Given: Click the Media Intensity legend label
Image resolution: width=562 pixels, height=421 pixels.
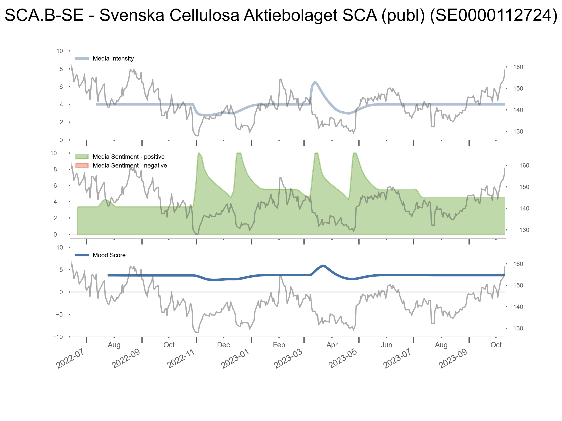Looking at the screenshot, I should pyautogui.click(x=113, y=59).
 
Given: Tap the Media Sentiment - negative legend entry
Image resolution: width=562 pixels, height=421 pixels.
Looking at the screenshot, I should pyautogui.click(x=130, y=166).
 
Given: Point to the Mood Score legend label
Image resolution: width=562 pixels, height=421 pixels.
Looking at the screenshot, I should pyautogui.click(x=109, y=255).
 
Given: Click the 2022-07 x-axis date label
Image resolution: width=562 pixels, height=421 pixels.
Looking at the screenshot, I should pyautogui.click(x=70, y=358).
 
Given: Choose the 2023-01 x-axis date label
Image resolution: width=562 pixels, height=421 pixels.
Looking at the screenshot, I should pyautogui.click(x=235, y=358).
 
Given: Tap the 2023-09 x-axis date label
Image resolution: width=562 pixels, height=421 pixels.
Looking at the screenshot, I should pyautogui.click(x=453, y=358).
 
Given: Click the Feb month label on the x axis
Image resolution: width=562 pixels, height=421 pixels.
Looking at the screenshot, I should pyautogui.click(x=279, y=345).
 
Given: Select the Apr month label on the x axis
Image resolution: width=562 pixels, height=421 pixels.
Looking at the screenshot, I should pyautogui.click(x=332, y=345).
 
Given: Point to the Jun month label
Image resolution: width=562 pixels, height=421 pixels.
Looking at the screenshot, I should pyautogui.click(x=386, y=345).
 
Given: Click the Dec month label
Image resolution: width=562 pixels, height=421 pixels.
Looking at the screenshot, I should pyautogui.click(x=223, y=345).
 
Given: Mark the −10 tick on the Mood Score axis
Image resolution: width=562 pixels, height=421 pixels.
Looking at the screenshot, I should pyautogui.click(x=58, y=337).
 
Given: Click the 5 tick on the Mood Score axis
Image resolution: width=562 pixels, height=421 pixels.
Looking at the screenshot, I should pyautogui.click(x=61, y=270).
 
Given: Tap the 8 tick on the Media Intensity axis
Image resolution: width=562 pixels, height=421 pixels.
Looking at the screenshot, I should pyautogui.click(x=61, y=69).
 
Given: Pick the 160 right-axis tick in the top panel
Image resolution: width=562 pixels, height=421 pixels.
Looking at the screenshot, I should pyautogui.click(x=518, y=67).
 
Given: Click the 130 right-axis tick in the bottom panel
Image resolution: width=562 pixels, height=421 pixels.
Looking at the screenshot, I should pyautogui.click(x=518, y=328).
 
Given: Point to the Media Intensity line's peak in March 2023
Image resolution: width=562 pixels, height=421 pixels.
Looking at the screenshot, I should pyautogui.click(x=315, y=82).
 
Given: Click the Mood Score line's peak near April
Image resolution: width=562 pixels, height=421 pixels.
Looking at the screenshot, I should pyautogui.click(x=323, y=266).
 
